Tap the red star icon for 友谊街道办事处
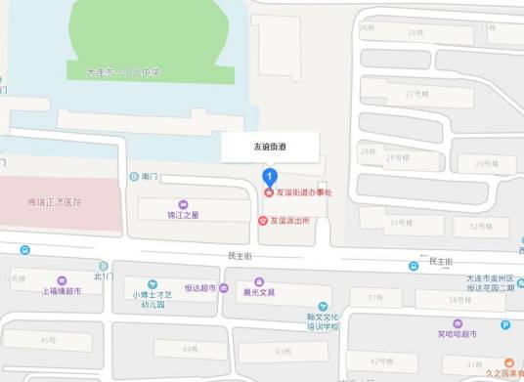tap(270, 192)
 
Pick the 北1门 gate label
tap(104, 276)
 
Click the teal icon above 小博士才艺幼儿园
tap(153, 283)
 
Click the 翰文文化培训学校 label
tap(322, 320)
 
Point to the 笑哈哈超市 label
tap(457, 334)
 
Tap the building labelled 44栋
tap(189, 349)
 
